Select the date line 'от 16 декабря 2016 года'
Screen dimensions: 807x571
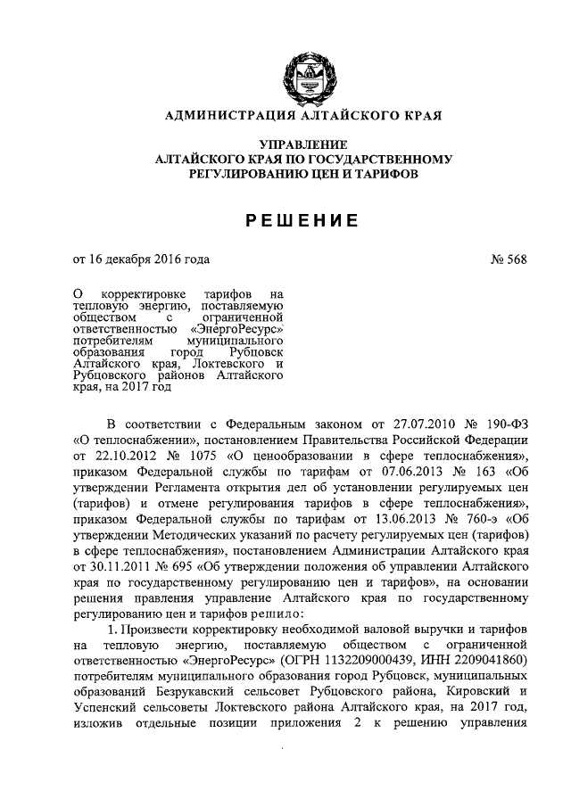[141, 259]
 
